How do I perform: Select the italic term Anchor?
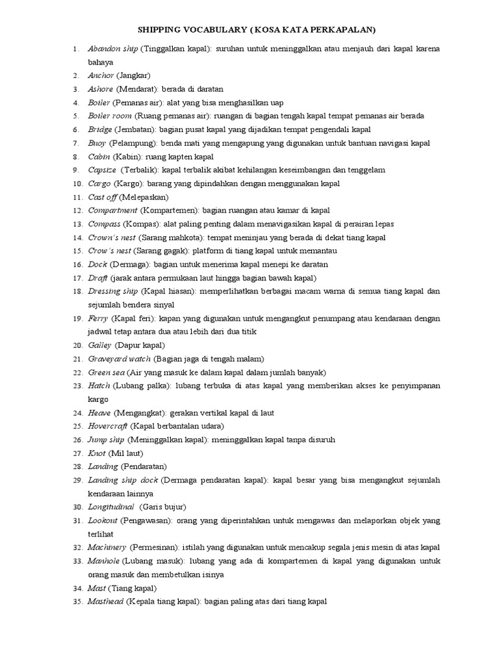tap(101, 75)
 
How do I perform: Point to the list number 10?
tap(76, 183)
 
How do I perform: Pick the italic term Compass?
tap(104, 224)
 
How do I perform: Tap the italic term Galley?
tap(100, 345)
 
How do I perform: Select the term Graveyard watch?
tap(120, 358)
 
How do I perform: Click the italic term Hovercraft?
tap(108, 426)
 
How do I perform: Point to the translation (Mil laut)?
tap(126, 453)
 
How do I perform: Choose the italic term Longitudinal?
tap(111, 507)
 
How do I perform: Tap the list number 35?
tap(76, 602)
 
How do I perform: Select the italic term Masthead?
tap(105, 602)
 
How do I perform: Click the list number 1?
tap(76, 49)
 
